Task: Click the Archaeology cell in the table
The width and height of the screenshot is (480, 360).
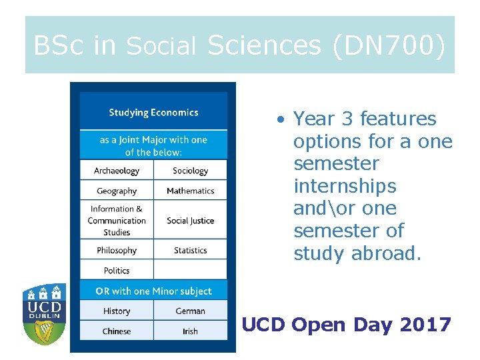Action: pyautogui.click(x=117, y=171)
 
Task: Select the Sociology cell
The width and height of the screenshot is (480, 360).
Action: pyautogui.click(x=190, y=171)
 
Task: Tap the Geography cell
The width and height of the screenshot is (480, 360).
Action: pyautogui.click(x=117, y=191)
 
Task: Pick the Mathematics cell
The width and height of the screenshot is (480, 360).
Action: pyautogui.click(x=190, y=191)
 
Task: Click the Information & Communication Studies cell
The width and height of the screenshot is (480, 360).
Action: pyautogui.click(x=117, y=220)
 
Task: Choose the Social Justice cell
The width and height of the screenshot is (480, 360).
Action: pyautogui.click(x=190, y=221)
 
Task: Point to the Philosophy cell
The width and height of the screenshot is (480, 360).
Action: pyautogui.click(x=117, y=251)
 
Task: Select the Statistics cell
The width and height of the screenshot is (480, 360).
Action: pyautogui.click(x=190, y=251)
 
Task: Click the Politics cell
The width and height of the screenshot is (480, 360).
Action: pyautogui.click(x=117, y=271)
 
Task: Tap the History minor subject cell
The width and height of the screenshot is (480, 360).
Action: pyautogui.click(x=117, y=311)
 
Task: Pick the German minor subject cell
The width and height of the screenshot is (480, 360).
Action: pyautogui.click(x=190, y=311)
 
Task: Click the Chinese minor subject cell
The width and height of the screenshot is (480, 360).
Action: pyautogui.click(x=117, y=331)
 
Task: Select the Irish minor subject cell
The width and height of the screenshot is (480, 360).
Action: pyautogui.click(x=190, y=331)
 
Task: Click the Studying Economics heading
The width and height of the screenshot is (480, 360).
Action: pyautogui.click(x=153, y=112)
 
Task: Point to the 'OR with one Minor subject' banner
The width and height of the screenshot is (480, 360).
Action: pyautogui.click(x=153, y=291)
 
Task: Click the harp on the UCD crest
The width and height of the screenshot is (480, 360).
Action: pyautogui.click(x=44, y=332)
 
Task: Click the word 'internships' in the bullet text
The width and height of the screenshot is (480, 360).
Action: pyautogui.click(x=345, y=186)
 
